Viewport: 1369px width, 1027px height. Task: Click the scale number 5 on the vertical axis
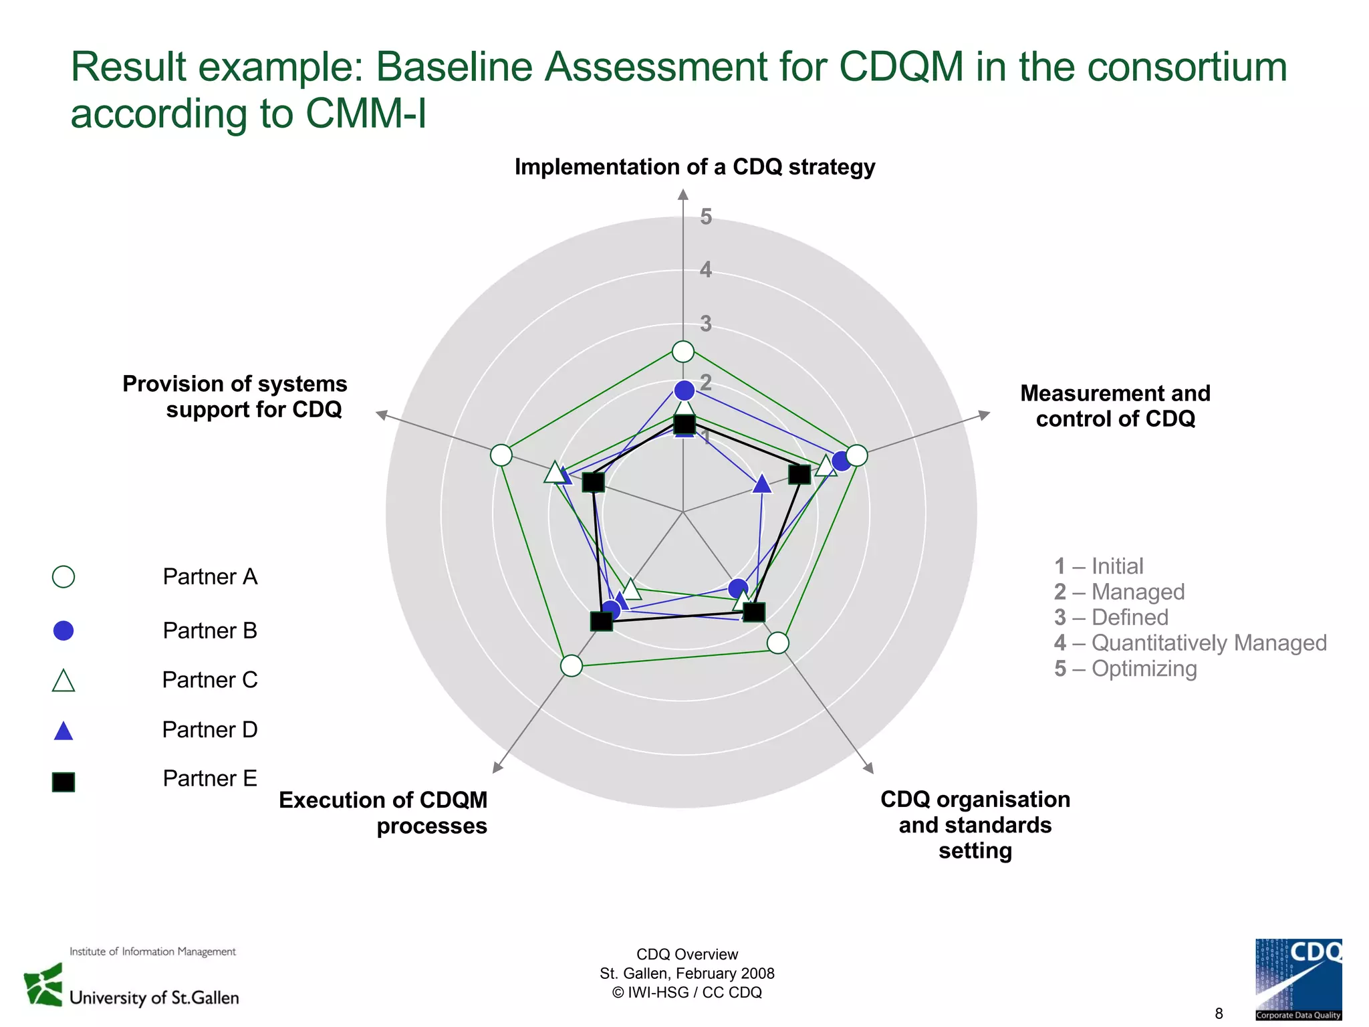click(x=706, y=217)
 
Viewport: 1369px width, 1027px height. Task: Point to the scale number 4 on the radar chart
click(x=706, y=270)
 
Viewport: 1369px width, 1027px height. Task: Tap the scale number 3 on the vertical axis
click(x=706, y=324)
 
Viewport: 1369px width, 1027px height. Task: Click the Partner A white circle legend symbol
click(x=64, y=576)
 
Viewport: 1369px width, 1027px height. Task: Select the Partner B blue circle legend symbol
click(x=64, y=631)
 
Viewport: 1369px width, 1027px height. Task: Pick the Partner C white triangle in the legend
click(x=64, y=681)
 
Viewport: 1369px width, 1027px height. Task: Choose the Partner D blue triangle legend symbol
click(x=64, y=731)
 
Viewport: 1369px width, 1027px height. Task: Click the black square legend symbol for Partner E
click(x=64, y=782)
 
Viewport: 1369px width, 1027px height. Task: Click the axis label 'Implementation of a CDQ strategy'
click(x=695, y=166)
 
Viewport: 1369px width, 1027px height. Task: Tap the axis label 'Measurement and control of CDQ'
click(x=1115, y=406)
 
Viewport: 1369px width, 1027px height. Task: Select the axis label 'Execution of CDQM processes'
click(x=383, y=812)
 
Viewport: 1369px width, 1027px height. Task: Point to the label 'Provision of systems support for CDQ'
click(x=235, y=396)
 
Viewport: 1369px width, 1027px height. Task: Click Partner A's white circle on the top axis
click(x=682, y=351)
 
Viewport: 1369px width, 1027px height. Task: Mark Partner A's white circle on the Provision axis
click(x=501, y=455)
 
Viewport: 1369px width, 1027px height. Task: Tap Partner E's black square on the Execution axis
click(x=602, y=621)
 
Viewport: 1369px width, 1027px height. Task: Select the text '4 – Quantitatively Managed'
click(x=1190, y=643)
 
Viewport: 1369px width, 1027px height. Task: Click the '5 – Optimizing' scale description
click(x=1125, y=668)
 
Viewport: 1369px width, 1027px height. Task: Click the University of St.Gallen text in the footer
click(x=154, y=998)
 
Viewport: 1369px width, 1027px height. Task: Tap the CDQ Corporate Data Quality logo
click(x=1298, y=979)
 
